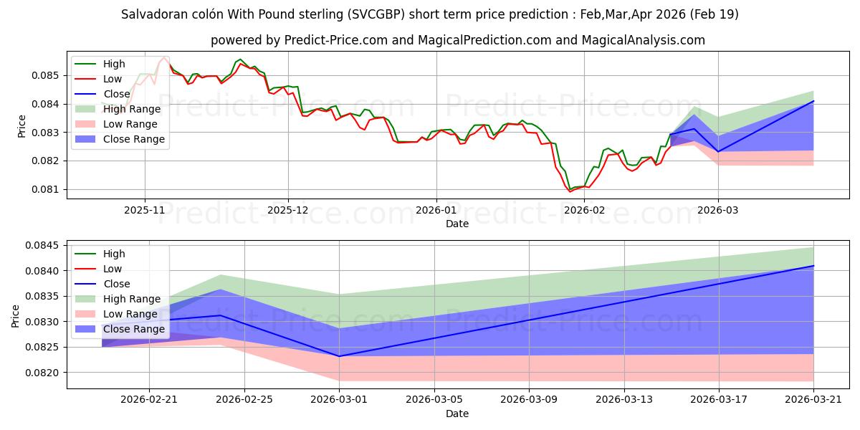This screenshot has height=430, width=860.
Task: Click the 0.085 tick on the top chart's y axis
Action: tap(48, 75)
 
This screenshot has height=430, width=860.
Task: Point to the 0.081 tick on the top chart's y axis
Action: tap(48, 189)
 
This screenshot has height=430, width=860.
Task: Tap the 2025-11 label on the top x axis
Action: tap(145, 209)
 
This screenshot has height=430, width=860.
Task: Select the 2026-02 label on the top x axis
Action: tap(584, 209)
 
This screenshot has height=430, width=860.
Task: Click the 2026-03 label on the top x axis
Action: tap(719, 209)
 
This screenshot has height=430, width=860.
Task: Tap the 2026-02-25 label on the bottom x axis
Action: tap(244, 398)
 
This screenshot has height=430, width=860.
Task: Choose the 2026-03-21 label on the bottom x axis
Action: tap(813, 398)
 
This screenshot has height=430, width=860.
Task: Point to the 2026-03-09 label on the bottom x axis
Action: tap(529, 398)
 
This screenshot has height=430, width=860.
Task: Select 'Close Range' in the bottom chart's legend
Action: tap(134, 329)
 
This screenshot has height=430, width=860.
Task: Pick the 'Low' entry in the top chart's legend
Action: tap(113, 79)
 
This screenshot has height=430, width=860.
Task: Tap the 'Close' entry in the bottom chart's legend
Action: tap(116, 284)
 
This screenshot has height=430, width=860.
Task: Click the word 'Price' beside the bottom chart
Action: tap(16, 315)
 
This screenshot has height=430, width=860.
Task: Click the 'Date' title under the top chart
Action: tap(457, 224)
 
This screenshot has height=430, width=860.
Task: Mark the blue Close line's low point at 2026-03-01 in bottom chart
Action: tap(339, 356)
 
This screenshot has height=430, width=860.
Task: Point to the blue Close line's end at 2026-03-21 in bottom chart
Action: tap(813, 266)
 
